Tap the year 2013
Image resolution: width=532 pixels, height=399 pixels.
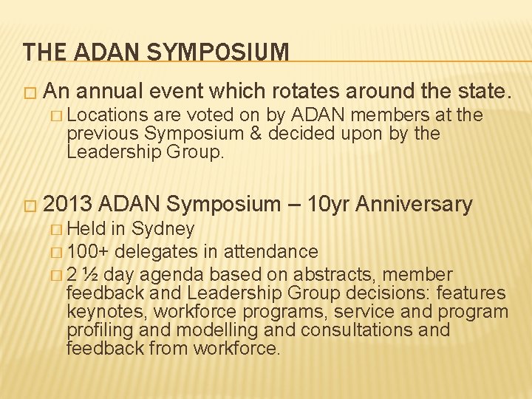69,204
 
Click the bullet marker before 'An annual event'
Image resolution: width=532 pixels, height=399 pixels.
30,92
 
